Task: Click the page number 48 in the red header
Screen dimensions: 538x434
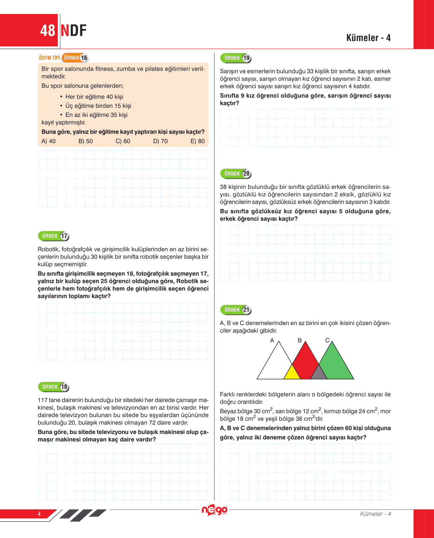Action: pyautogui.click(x=48, y=31)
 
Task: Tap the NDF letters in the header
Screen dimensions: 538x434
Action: pyautogui.click(x=74, y=31)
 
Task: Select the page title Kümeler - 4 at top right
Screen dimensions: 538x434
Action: pyautogui.click(x=368, y=38)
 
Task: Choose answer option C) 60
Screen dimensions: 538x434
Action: pyautogui.click(x=123, y=141)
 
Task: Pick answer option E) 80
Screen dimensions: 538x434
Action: pyautogui.click(x=198, y=141)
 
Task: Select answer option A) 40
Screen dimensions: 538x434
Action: pyautogui.click(x=49, y=141)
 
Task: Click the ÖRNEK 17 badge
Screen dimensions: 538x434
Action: pyautogui.click(x=54, y=236)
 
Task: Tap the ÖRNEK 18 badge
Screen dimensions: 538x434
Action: pyautogui.click(x=54, y=387)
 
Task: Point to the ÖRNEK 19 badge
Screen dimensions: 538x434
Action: pyautogui.click(x=236, y=58)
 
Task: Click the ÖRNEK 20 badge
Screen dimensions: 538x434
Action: pyautogui.click(x=236, y=174)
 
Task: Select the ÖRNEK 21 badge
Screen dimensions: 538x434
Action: pyautogui.click(x=236, y=310)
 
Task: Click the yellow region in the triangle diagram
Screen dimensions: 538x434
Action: pyautogui.click(x=292, y=373)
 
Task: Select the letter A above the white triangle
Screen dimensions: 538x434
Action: pyautogui.click(x=272, y=340)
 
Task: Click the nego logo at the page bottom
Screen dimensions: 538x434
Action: pyautogui.click(x=215, y=510)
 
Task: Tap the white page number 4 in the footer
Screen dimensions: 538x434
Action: pyautogui.click(x=39, y=514)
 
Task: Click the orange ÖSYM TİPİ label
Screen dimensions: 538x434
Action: pyautogui.click(x=49, y=58)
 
